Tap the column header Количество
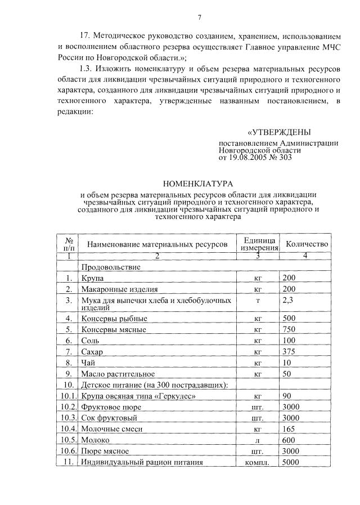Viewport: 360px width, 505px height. tap(307, 244)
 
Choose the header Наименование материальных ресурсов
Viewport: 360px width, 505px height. tap(157, 244)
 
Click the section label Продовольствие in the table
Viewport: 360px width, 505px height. tap(111, 267)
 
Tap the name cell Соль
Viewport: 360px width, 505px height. tap(89, 341)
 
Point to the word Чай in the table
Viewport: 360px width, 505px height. tap(88, 363)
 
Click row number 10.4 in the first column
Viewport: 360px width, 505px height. tap(68, 428)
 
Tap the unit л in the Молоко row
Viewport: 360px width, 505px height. tap(259, 440)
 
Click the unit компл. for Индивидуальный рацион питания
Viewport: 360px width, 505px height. tap(259, 463)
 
